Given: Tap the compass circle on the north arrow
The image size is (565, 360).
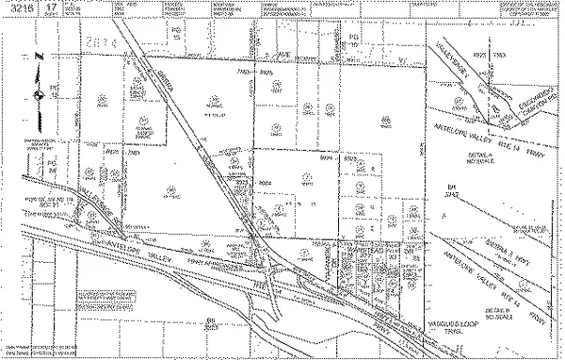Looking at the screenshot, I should (38, 97).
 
